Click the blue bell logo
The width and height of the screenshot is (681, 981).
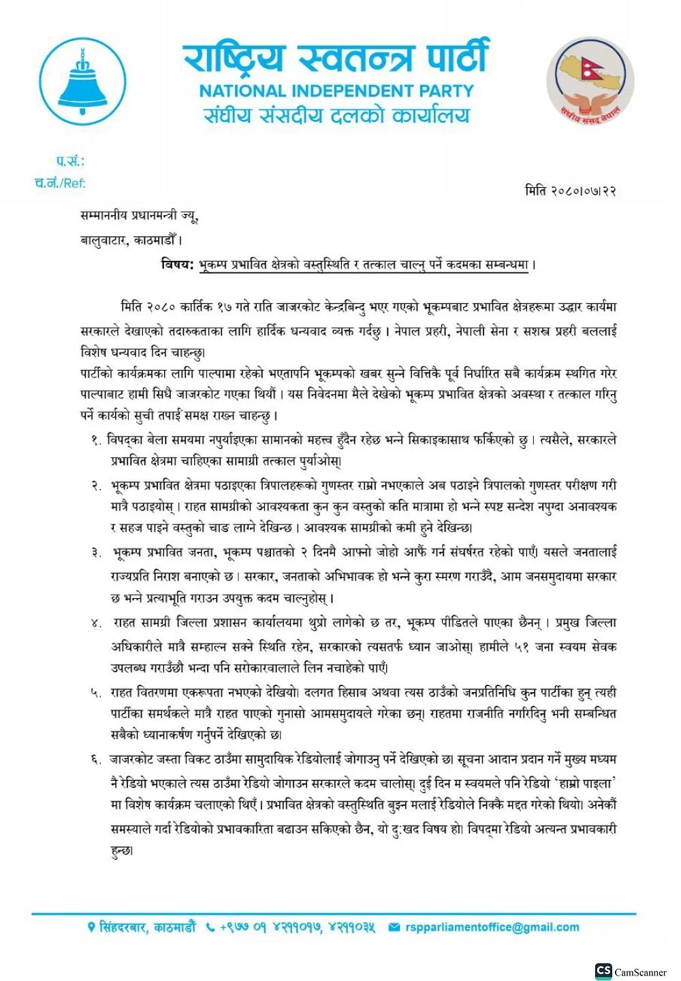[83, 82]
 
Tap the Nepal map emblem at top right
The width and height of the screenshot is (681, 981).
[590, 81]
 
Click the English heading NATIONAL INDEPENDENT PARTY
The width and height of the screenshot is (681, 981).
[336, 91]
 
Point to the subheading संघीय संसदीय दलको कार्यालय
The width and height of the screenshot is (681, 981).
[336, 115]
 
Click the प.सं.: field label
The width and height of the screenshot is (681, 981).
[70, 161]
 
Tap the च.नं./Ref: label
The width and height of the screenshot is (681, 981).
[60, 183]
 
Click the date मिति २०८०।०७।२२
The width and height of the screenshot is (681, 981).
[571, 191]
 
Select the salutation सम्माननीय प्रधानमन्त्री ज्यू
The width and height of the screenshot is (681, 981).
[139, 217]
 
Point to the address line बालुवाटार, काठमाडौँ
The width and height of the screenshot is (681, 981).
[131, 240]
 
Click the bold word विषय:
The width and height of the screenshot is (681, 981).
[178, 264]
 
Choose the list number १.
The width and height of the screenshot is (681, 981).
[96, 441]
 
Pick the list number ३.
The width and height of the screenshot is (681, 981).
[96, 552]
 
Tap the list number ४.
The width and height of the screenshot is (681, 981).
[96, 623]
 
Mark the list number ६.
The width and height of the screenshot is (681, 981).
[96, 760]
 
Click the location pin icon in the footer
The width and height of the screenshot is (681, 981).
[91, 927]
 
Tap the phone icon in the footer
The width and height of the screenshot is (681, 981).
[210, 927]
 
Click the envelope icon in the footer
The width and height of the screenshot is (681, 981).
[394, 927]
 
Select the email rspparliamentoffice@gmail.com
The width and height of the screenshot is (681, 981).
[492, 927]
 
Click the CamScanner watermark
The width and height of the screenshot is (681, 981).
[631, 971]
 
